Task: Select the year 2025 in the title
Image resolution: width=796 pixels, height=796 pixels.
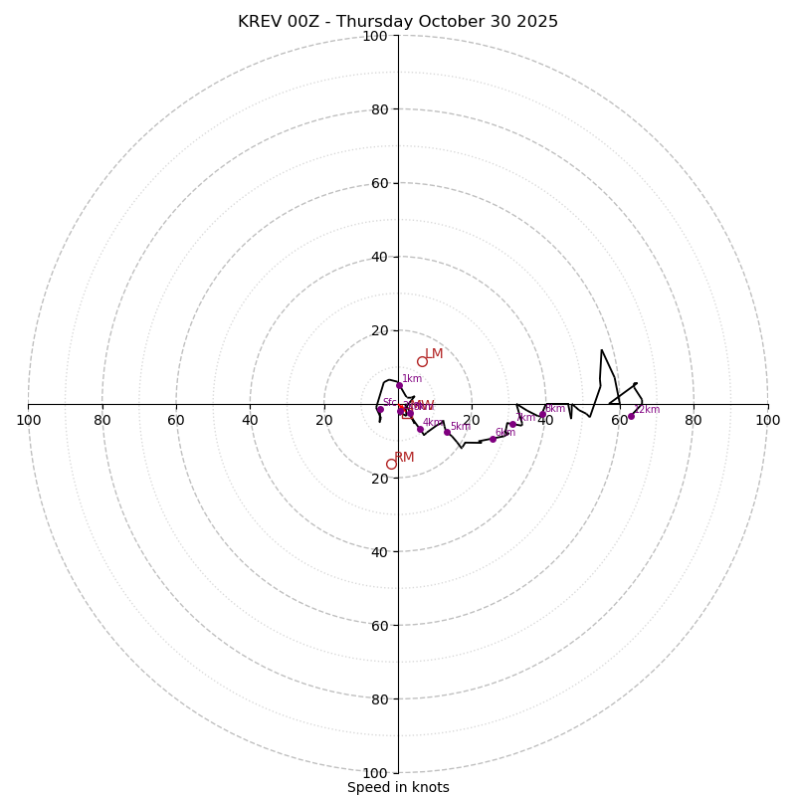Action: [x=535, y=22]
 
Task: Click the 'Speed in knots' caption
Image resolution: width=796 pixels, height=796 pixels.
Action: [x=398, y=787]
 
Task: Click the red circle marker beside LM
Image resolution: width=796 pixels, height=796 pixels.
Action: [x=422, y=361]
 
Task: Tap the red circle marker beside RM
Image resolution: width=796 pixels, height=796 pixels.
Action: [x=391, y=464]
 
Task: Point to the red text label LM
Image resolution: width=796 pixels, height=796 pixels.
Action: [x=434, y=353]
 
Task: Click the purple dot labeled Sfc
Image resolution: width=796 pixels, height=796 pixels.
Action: [x=380, y=409]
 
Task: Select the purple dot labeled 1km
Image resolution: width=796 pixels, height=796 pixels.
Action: [x=399, y=385]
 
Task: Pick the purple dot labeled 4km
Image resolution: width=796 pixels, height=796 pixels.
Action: [x=420, y=429]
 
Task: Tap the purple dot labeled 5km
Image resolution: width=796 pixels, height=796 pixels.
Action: [x=447, y=432]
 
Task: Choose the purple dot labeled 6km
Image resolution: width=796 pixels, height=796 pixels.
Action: [x=493, y=439]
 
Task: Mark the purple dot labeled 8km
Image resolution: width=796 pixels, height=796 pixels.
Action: [x=542, y=414]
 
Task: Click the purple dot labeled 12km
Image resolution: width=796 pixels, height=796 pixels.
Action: [x=631, y=416]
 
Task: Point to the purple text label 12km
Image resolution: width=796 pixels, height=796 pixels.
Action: [x=647, y=409]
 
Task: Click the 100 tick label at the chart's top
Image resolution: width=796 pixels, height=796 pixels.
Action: [x=375, y=37]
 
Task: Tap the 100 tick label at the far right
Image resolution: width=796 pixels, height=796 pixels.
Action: [x=767, y=420]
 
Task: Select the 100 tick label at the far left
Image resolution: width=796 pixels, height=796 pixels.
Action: [x=29, y=420]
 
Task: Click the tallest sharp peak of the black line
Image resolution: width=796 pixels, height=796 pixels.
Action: [x=601, y=349]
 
